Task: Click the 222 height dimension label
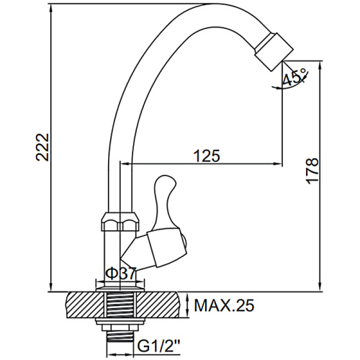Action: tap(42, 147)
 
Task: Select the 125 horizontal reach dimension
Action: tap(207, 156)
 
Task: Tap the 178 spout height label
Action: tap(312, 171)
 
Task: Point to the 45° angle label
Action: tap(294, 77)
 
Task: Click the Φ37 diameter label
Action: tap(121, 274)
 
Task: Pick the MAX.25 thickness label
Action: tap(224, 305)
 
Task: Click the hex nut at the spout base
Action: tap(120, 221)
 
